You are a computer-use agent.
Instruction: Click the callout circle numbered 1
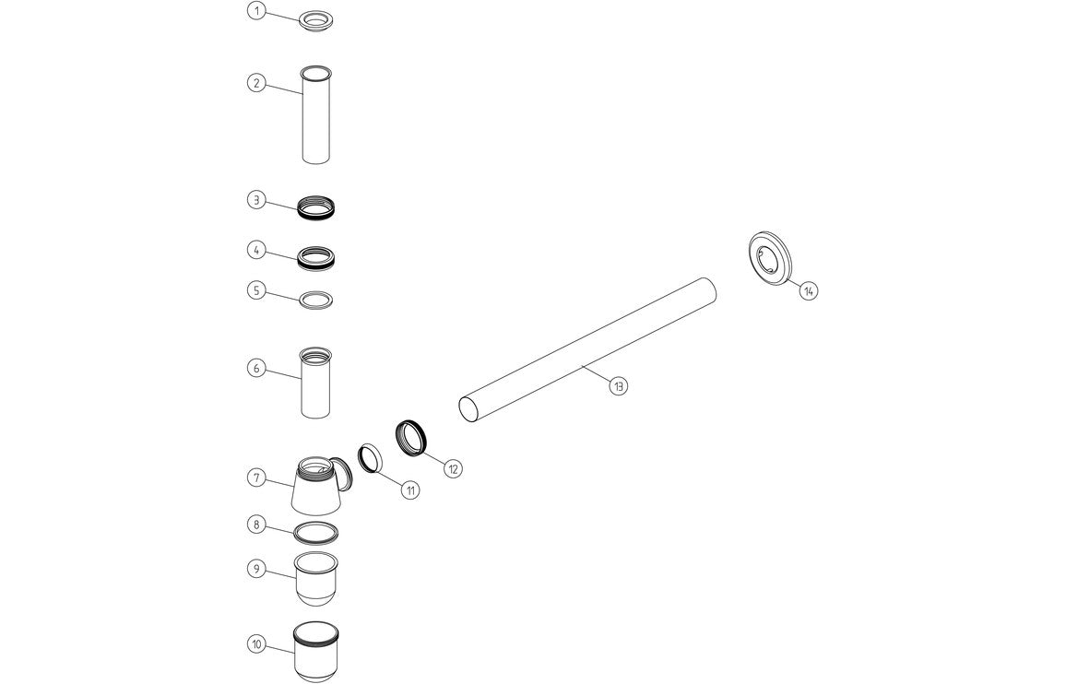click(x=256, y=11)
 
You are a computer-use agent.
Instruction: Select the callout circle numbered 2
click(x=256, y=83)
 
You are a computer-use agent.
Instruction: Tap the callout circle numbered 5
click(x=256, y=290)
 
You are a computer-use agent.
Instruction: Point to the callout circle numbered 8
click(x=256, y=525)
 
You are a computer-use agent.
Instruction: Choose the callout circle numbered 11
click(x=409, y=490)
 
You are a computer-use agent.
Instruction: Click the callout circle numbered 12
click(x=453, y=468)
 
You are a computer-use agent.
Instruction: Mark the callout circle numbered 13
click(x=618, y=387)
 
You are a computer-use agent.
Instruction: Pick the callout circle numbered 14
click(x=809, y=290)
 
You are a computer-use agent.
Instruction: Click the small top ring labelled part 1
click(x=316, y=20)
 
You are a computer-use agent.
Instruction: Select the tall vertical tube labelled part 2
click(x=316, y=115)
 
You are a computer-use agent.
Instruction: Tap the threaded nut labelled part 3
click(x=316, y=207)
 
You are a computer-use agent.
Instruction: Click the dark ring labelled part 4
click(x=316, y=255)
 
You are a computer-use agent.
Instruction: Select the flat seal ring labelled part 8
click(x=315, y=532)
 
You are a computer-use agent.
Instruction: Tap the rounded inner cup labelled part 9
click(x=315, y=578)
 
